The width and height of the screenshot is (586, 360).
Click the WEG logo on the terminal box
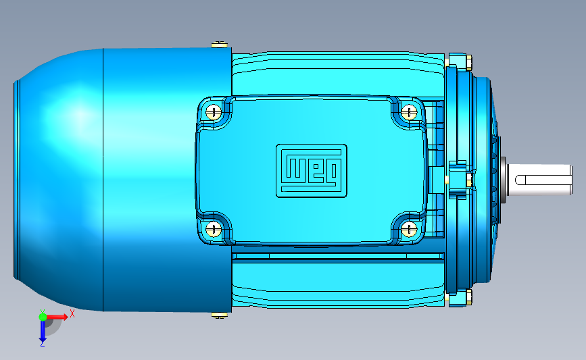click(312, 171)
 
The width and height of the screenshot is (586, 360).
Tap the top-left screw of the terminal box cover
click(214, 111)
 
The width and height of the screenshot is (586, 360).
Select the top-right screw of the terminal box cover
click(409, 111)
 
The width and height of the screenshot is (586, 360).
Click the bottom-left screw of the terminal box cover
click(214, 229)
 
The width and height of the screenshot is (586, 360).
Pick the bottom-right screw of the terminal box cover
click(409, 229)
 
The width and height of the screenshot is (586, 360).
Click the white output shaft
click(539, 180)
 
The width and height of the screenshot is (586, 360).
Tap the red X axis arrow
click(57, 317)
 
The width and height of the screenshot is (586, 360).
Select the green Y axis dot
click(43, 317)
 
